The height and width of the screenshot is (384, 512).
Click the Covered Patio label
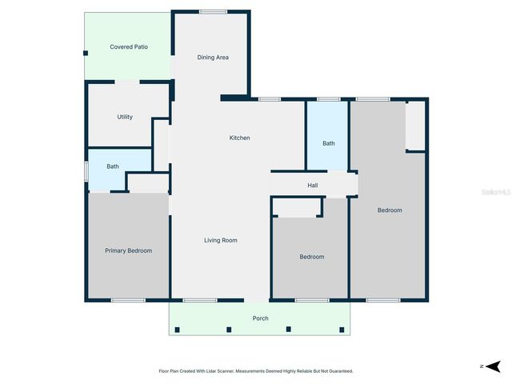pos(129,47)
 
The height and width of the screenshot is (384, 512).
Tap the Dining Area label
pos(214,58)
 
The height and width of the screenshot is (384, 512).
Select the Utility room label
pos(125,118)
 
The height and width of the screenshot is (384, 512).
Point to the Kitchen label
pos(240,138)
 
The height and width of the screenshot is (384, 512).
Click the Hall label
pos(313,186)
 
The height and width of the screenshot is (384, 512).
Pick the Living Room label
pos(221,240)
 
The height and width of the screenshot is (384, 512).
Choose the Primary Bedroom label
pos(129,251)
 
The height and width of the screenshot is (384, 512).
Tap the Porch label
pos(261,318)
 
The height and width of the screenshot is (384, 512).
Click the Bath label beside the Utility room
pos(113,166)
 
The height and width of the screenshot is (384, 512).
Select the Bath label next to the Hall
pos(329,144)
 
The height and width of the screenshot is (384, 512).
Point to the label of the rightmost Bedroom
pos(390,210)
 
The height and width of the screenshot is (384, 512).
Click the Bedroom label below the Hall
pos(312,257)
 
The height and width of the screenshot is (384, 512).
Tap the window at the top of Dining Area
pos(213,11)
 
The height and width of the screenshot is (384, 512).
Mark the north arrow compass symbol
pos(494,366)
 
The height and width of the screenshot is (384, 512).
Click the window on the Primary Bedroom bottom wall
pos(128,300)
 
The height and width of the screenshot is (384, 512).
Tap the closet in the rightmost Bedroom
pos(415,126)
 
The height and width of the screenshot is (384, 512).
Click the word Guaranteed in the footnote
pos(340,371)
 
